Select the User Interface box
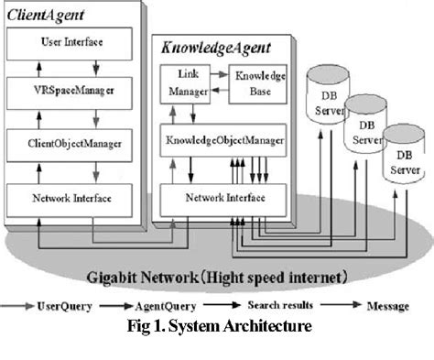click(x=71, y=42)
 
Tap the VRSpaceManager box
click(x=71, y=93)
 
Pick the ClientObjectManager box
click(x=71, y=143)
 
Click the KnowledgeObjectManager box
click(x=225, y=142)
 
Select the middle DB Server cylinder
click(x=367, y=134)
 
